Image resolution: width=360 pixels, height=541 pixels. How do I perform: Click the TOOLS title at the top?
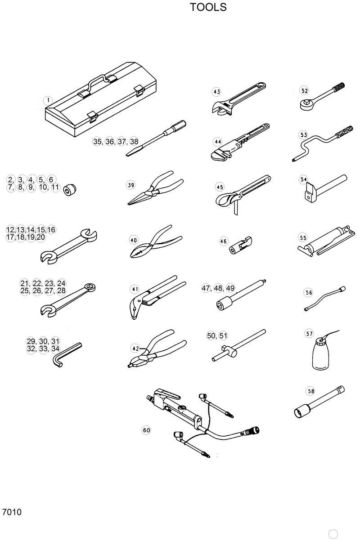(x=208, y=8)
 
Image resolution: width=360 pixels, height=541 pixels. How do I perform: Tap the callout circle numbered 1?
(x=48, y=100)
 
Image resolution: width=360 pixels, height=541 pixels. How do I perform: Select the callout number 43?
(x=216, y=92)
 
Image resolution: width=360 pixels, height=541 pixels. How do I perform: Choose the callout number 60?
(x=146, y=430)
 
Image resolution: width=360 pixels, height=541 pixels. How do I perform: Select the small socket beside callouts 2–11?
(x=70, y=190)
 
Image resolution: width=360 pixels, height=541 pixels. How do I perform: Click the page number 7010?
(x=12, y=512)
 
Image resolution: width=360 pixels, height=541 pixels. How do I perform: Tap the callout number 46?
(x=223, y=241)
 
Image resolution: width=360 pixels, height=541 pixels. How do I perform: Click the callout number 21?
(x=25, y=283)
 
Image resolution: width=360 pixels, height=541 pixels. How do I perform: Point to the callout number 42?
(x=135, y=348)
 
